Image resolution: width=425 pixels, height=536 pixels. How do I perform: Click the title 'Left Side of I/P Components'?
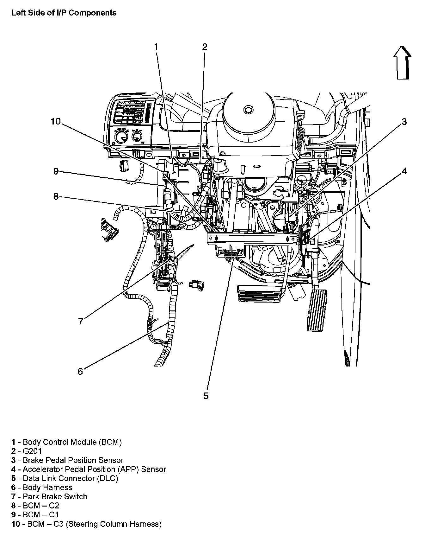coord(64,13)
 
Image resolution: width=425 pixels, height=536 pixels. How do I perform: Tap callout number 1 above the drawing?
coord(156,47)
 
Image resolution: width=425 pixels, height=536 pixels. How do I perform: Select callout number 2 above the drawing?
coord(205,47)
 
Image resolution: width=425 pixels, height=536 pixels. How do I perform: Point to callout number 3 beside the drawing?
coord(404,122)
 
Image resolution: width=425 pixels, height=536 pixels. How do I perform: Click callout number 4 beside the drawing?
coord(404,171)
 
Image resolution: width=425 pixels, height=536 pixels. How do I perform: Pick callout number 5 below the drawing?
coord(206,396)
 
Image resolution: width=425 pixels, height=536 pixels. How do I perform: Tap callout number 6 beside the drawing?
coord(80,371)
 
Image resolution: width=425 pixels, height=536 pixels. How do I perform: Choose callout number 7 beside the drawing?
coord(81,321)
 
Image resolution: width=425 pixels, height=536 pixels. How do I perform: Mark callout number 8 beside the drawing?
coord(56,196)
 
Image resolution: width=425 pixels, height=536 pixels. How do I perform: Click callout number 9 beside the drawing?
coord(56,171)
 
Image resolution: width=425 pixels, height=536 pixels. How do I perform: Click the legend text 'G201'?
coord(32,451)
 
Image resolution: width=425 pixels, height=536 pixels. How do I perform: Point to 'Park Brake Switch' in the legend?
coord(55,496)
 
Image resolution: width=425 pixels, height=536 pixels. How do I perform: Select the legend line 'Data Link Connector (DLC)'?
coord(70,478)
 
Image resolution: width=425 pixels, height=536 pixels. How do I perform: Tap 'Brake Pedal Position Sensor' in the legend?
coord(73,460)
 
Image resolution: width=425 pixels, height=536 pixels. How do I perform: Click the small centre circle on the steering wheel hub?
coord(248,110)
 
